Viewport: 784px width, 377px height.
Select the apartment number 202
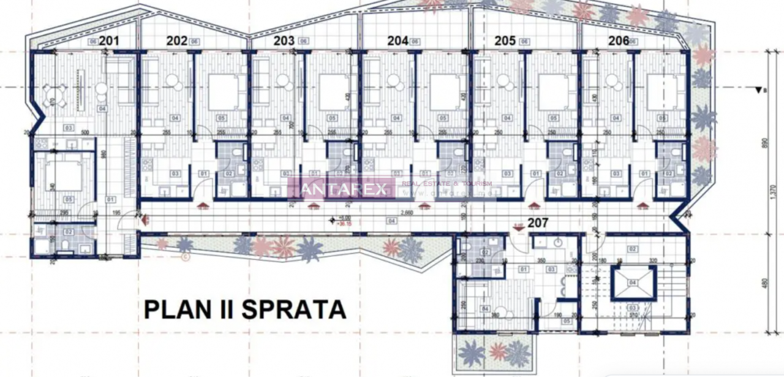coord(177,41)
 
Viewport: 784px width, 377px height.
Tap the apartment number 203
coord(284,41)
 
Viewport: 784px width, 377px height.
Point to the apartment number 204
coord(398,41)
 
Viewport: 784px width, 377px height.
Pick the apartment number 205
coord(505,41)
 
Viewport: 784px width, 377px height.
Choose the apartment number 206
coord(619,41)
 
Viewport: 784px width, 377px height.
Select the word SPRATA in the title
coord(294,309)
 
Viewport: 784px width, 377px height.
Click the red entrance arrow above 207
coord(518,228)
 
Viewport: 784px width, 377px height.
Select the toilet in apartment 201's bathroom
coord(66,246)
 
